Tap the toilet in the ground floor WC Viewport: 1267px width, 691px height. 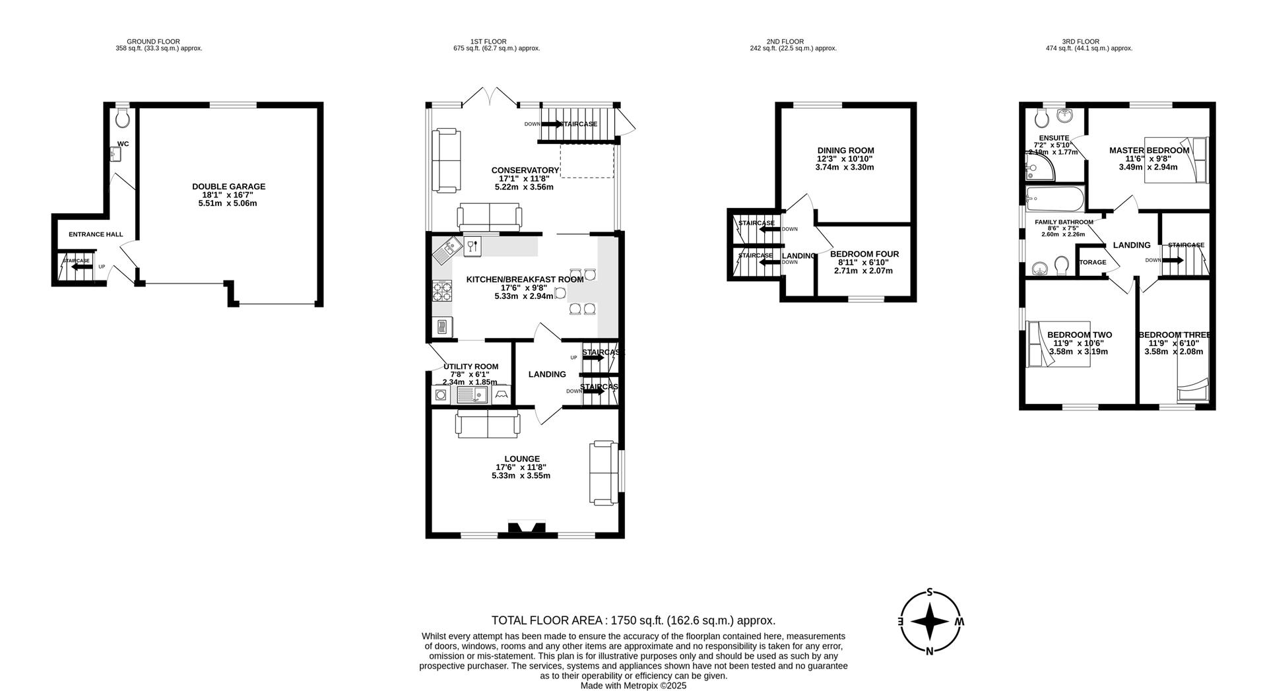(x=122, y=119)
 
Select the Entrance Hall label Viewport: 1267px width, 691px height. (x=96, y=234)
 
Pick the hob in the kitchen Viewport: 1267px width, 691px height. (x=441, y=290)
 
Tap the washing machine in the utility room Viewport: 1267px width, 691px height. (x=440, y=395)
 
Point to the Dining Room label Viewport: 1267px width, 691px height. (x=845, y=150)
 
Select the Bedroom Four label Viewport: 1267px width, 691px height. (x=864, y=254)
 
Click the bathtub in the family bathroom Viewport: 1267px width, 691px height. (x=1055, y=197)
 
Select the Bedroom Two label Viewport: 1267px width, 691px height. (x=1079, y=335)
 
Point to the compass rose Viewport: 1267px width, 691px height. (x=930, y=621)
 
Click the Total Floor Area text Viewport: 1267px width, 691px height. (x=633, y=620)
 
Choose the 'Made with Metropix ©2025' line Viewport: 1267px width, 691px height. (x=633, y=686)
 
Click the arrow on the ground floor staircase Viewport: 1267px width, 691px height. (x=82, y=267)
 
